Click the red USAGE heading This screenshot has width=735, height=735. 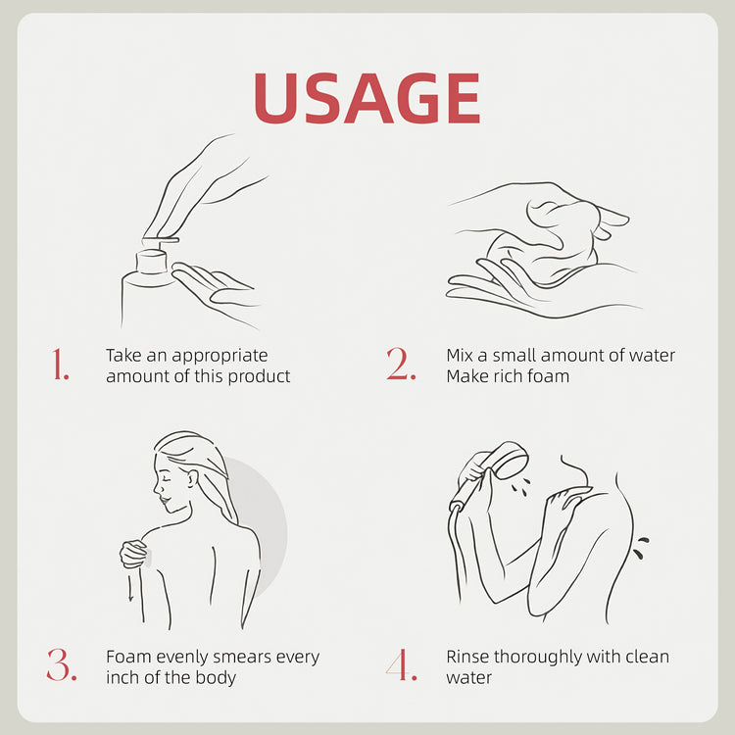[367, 98]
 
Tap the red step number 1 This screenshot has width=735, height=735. [61, 364]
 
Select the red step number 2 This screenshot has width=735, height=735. [401, 364]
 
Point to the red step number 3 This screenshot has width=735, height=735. [62, 664]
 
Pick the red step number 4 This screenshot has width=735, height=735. [401, 664]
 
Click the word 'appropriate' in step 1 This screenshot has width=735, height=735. [220, 357]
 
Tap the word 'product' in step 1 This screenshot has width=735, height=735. [260, 377]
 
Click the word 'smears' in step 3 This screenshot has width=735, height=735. [243, 658]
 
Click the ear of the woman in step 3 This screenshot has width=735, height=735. [192, 479]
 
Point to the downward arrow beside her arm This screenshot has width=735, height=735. [130, 588]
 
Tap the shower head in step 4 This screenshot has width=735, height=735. [508, 460]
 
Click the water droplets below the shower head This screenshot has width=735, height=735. [521, 486]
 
